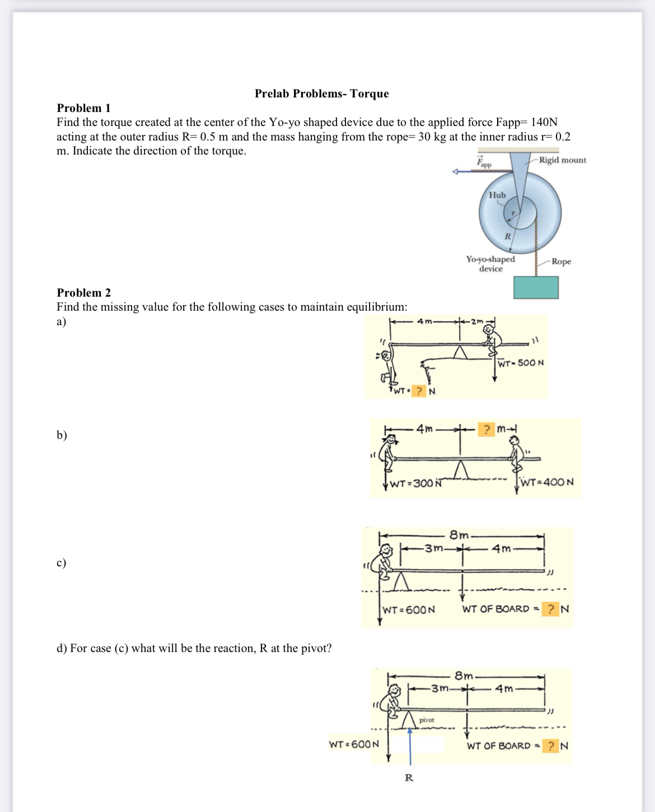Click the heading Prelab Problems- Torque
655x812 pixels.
tap(321, 93)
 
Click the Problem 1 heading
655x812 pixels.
tap(83, 108)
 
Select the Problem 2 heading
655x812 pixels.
tap(83, 293)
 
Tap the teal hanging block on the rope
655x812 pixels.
tap(536, 287)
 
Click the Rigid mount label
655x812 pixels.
tap(562, 160)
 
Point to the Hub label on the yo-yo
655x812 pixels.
tap(497, 195)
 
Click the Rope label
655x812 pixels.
tap(561, 261)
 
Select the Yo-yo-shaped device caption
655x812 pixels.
tap(490, 264)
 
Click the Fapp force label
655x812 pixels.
tap(484, 163)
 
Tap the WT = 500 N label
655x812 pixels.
tap(521, 363)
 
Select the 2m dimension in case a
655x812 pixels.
tap(476, 321)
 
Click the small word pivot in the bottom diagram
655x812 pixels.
tap(427, 720)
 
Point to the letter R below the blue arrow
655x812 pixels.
tap(409, 777)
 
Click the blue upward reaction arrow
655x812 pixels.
tap(410, 744)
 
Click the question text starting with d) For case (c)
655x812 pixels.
tap(194, 648)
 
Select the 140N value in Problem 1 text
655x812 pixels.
tap(544, 122)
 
